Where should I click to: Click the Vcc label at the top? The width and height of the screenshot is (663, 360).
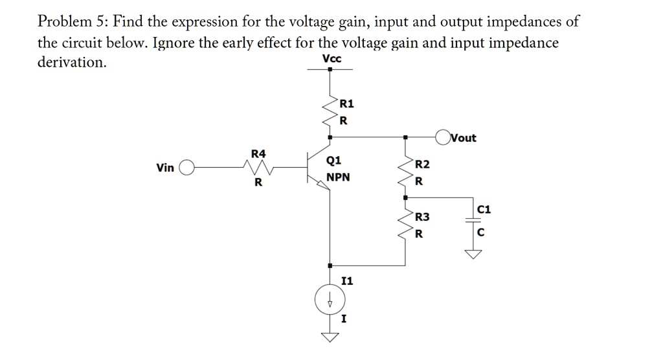point(331,59)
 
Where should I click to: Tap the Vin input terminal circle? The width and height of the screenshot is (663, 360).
point(186,168)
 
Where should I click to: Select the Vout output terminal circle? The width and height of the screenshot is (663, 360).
point(443,137)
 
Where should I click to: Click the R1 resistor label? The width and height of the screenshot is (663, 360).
point(347,104)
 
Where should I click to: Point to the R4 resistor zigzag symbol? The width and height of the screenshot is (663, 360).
point(258,168)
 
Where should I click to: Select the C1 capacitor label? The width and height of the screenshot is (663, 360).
point(483,209)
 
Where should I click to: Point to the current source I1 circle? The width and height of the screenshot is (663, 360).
point(330,300)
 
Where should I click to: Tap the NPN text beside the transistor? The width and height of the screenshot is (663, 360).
point(338,177)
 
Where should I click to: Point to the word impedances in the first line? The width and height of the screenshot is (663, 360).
point(525,21)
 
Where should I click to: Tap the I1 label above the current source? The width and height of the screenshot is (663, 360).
point(347,280)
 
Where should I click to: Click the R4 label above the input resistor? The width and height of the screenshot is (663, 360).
point(258,153)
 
